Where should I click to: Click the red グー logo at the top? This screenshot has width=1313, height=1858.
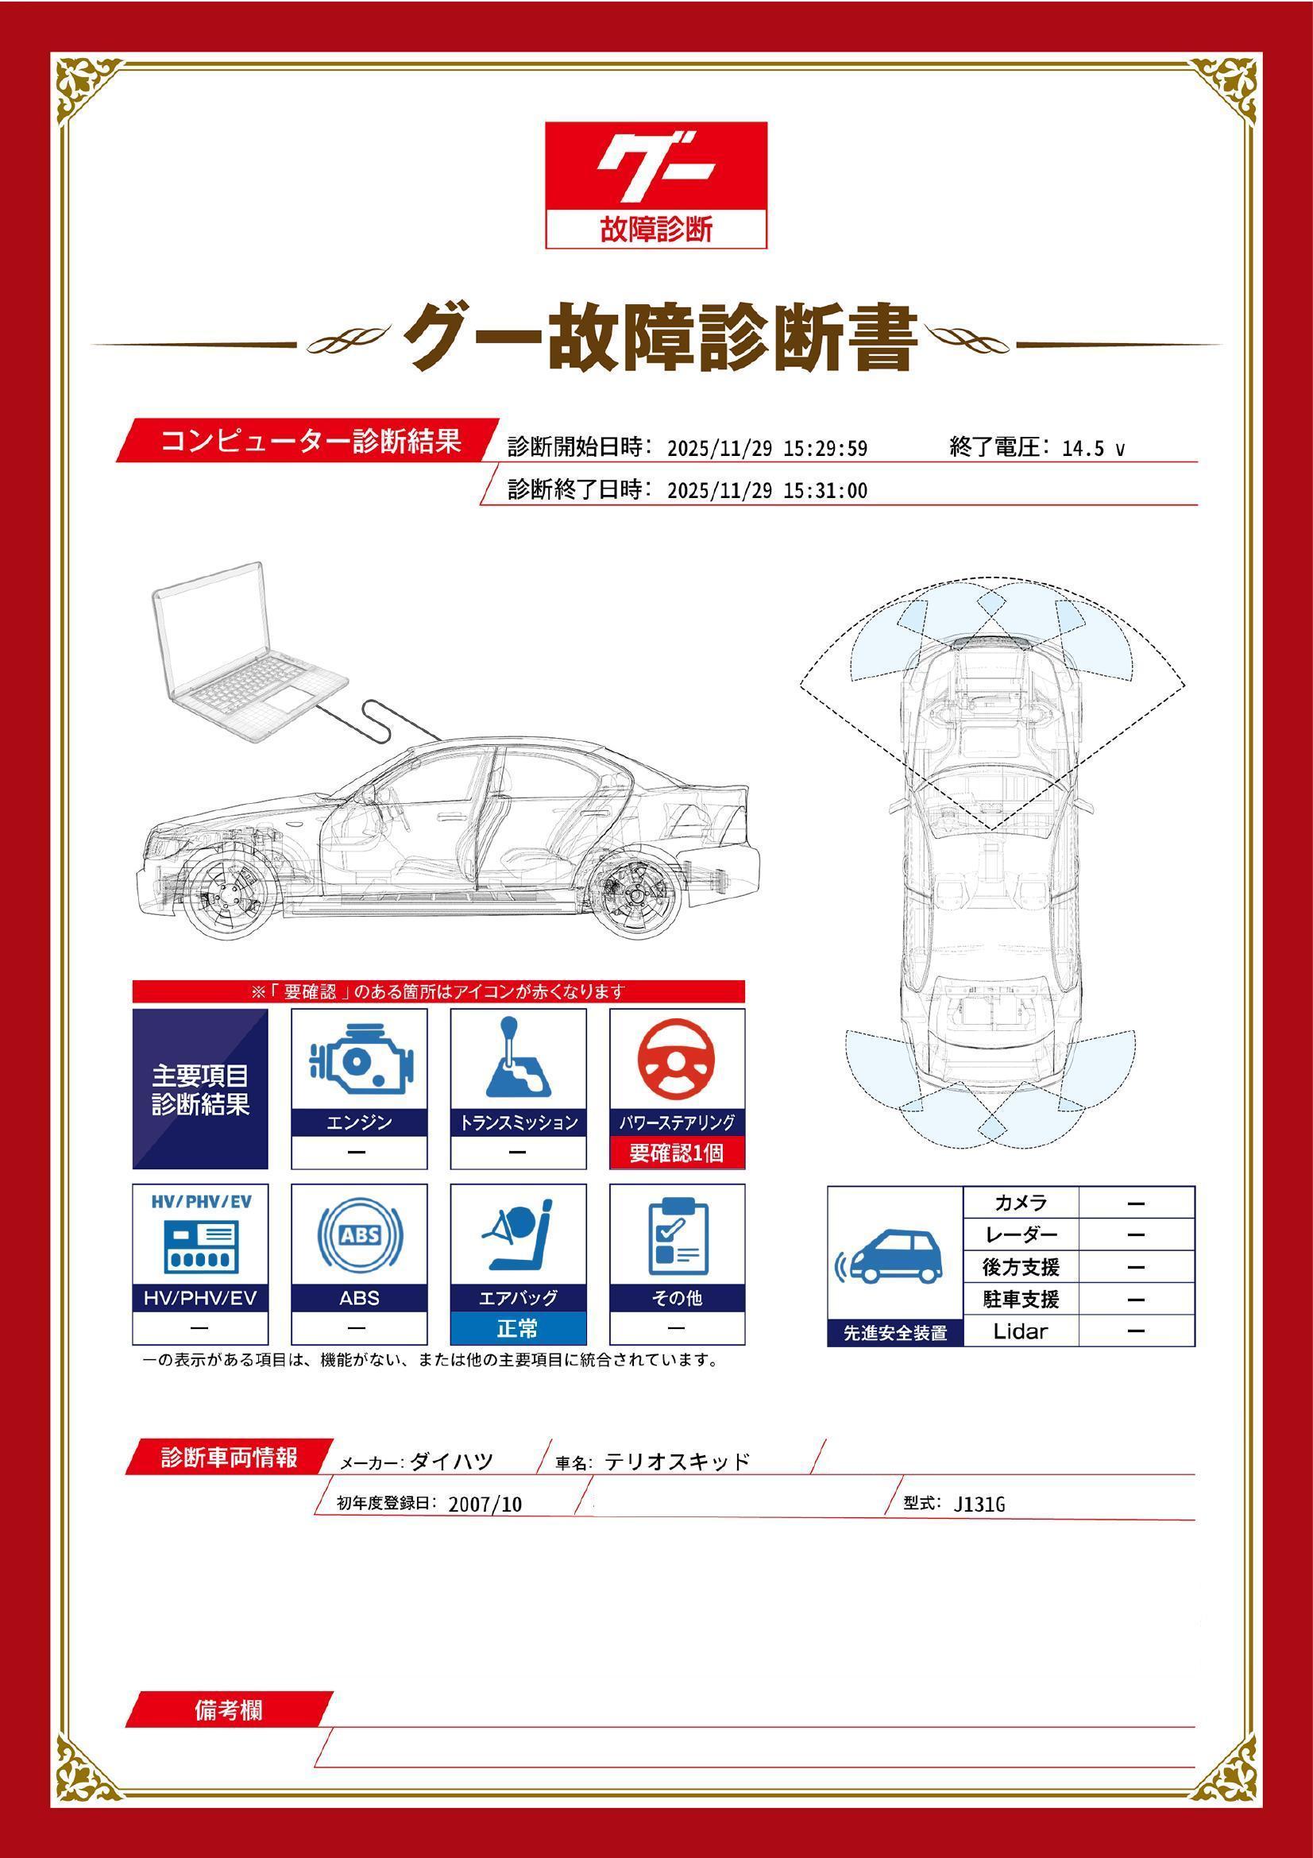(655, 184)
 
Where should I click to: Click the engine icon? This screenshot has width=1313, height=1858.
(359, 1060)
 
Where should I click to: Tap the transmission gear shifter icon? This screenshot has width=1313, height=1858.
(518, 1056)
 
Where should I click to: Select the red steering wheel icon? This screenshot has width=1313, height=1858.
(676, 1061)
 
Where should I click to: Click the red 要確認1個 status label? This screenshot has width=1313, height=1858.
(677, 1153)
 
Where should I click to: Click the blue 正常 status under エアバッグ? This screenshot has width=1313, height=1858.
(518, 1328)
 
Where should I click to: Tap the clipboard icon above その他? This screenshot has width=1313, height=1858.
(678, 1236)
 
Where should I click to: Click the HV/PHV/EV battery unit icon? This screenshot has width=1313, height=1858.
(200, 1246)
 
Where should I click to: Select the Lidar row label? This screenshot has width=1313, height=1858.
(1020, 1331)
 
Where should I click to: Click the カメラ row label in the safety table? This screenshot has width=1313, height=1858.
(1021, 1203)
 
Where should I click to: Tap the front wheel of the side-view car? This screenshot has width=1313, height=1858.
(227, 898)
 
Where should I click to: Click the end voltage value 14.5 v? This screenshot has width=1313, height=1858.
(1093, 449)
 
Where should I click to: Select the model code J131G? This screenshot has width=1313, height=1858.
(979, 1505)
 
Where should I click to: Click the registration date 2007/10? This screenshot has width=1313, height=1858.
(485, 1505)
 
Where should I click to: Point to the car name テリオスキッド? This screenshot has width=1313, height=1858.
(677, 1461)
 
